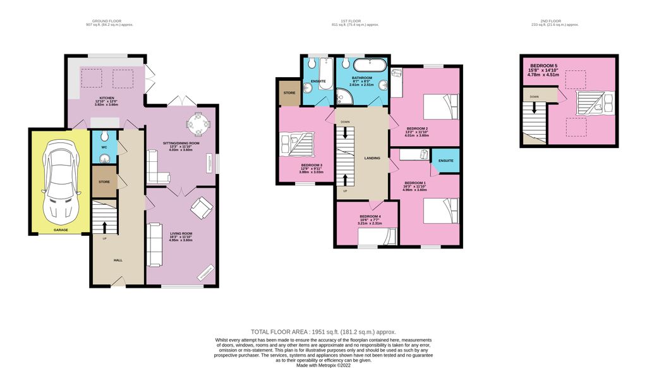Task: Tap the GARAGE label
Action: click(x=61, y=230)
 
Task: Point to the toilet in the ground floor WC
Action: click(x=105, y=137)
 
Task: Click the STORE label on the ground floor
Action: click(x=105, y=181)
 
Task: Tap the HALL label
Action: click(x=118, y=259)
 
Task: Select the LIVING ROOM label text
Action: click(x=181, y=234)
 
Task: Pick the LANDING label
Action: click(x=372, y=158)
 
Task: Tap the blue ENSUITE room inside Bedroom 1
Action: click(x=445, y=161)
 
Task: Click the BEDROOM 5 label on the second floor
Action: click(x=543, y=66)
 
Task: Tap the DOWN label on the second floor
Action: click(x=534, y=97)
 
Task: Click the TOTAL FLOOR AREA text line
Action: click(x=323, y=331)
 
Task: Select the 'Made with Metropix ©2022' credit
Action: click(x=323, y=365)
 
